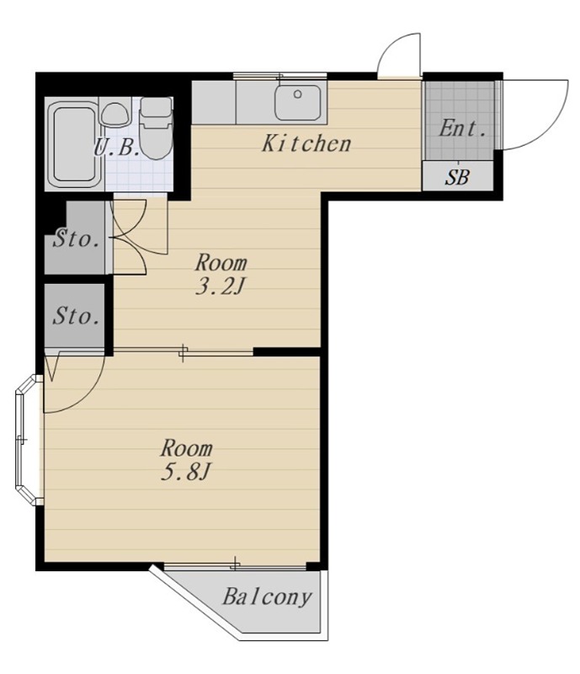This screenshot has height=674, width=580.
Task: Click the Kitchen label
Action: click(x=306, y=143)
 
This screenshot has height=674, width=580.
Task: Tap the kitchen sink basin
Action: click(x=298, y=102)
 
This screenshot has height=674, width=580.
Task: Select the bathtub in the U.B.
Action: click(x=73, y=144)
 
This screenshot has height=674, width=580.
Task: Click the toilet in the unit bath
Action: click(x=157, y=128)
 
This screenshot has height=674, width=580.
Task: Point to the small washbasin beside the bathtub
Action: click(x=115, y=115)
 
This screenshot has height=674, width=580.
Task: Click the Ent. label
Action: click(x=463, y=128)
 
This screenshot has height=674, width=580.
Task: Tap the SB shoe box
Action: click(x=458, y=176)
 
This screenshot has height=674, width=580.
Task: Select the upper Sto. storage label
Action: click(x=77, y=239)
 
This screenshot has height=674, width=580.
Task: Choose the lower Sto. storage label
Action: click(x=77, y=316)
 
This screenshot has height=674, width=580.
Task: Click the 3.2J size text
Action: click(x=220, y=286)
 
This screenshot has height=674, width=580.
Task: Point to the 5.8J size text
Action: click(x=185, y=473)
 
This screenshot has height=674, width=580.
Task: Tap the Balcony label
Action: click(x=267, y=596)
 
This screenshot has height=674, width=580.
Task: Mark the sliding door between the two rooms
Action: click(x=183, y=352)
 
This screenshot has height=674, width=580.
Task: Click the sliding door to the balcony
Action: click(x=235, y=565)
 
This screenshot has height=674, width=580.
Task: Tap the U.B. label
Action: click(x=116, y=148)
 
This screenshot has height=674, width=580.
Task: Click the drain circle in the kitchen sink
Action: click(x=297, y=94)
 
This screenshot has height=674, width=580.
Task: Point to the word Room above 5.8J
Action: click(x=187, y=448)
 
